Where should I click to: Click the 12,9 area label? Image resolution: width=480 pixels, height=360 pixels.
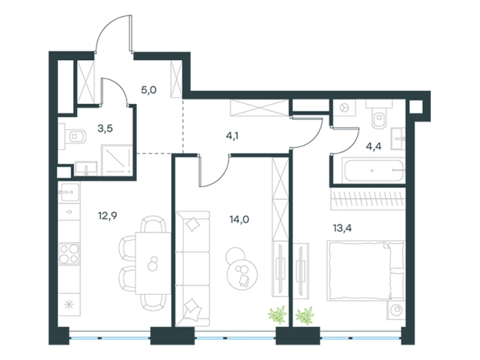(108, 216)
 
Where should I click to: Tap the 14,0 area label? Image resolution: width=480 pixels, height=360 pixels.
(239, 219)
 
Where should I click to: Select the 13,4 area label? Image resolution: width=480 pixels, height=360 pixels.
(342, 228)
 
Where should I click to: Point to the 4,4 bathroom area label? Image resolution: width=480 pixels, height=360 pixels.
(374, 147)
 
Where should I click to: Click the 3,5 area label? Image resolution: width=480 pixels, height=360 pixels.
(105, 128)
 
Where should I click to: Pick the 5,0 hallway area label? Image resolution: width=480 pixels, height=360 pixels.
(148, 90)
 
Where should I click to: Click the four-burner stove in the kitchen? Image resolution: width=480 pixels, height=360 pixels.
(69, 254)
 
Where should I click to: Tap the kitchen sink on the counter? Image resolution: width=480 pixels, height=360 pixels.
(69, 192)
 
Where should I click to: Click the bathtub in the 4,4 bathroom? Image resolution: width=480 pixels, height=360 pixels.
(375, 170)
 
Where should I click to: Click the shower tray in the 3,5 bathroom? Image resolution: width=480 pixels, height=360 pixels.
(117, 160)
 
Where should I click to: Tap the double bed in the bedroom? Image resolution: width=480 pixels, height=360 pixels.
(365, 270)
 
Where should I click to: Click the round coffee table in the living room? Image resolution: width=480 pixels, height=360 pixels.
(242, 272)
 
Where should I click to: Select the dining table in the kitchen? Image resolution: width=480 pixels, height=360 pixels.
(153, 263)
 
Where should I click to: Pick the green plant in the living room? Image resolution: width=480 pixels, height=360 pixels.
(278, 315)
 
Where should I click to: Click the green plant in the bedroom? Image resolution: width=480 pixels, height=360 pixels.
(305, 315)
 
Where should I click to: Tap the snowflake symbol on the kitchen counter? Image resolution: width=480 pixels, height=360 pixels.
(68, 305)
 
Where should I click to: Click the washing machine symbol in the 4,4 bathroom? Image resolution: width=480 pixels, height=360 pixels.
(345, 108)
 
